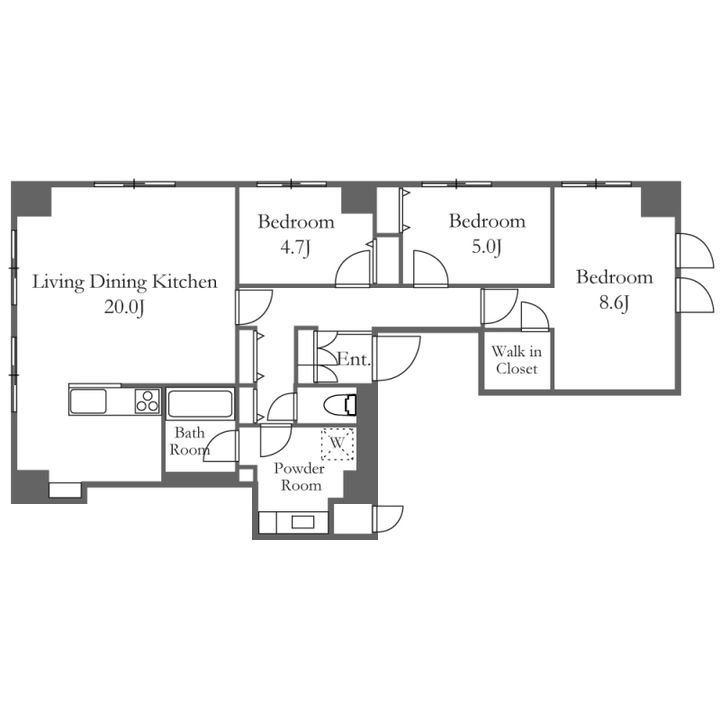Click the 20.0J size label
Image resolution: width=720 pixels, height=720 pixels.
click(x=124, y=307)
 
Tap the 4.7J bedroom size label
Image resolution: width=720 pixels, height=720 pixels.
click(x=296, y=248)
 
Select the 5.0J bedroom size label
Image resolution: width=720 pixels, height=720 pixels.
click(x=487, y=248)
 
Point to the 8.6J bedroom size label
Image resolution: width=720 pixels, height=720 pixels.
click(x=614, y=303)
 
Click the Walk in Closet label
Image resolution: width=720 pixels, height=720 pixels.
click(x=517, y=360)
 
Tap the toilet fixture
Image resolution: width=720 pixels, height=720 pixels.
click(x=340, y=405)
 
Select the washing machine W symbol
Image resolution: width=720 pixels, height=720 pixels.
click(x=338, y=443)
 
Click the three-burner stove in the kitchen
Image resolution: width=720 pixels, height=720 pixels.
click(x=147, y=400)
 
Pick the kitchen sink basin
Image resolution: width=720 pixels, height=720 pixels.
click(x=88, y=401)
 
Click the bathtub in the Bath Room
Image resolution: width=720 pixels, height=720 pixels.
click(x=200, y=403)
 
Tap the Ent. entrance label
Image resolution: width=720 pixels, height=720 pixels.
click(x=354, y=359)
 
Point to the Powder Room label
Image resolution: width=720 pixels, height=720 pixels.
click(x=300, y=477)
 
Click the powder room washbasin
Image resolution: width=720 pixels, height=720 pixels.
click(x=303, y=522)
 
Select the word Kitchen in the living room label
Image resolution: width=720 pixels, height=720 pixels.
click(x=185, y=282)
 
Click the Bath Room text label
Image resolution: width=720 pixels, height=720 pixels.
click(x=189, y=441)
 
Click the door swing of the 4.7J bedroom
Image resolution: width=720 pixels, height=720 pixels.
click(x=354, y=269)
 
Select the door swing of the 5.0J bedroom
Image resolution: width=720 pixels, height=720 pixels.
click(x=430, y=269)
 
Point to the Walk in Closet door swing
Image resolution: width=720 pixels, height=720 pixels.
click(x=535, y=316)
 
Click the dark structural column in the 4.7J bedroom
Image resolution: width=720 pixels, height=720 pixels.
click(x=357, y=199)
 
